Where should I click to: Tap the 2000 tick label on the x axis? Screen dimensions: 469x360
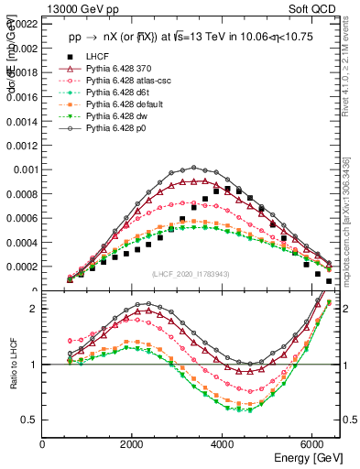[133, 446]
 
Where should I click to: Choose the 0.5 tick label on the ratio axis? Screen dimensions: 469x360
[30, 420]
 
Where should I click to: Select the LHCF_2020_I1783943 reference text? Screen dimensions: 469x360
[191, 275]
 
